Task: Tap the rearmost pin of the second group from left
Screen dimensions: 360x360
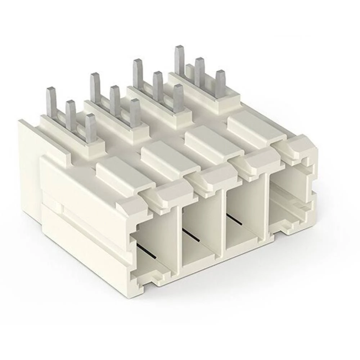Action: (95, 86)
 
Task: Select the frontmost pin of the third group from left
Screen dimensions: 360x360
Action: (178, 97)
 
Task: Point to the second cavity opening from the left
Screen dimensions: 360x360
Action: (200, 230)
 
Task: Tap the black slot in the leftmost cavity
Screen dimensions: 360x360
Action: (147, 251)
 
